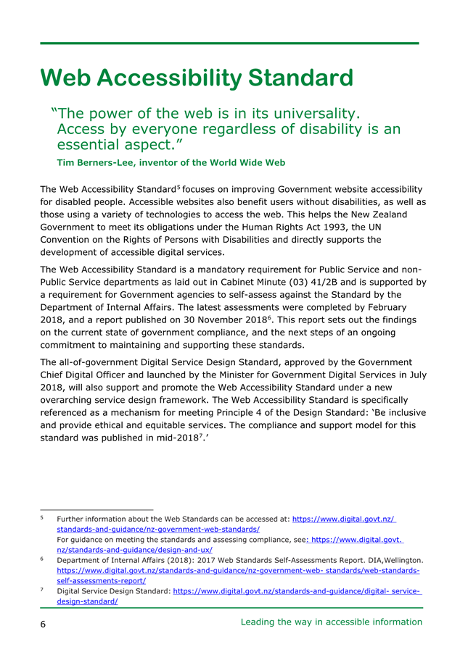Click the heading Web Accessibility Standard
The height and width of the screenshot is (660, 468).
point(197,78)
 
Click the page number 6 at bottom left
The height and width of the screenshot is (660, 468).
point(44,624)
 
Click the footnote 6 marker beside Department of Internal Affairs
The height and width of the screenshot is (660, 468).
point(43,559)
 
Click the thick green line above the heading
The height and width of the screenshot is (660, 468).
point(229,43)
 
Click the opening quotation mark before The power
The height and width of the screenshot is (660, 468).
point(54,114)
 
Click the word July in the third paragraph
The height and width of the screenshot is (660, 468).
point(416,375)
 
